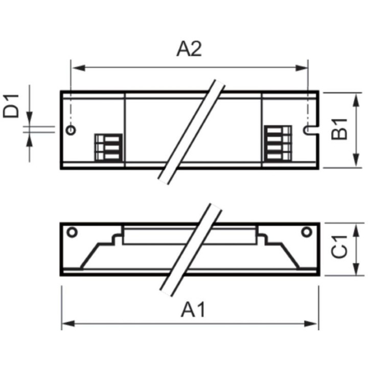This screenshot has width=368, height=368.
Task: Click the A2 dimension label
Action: tap(190, 49)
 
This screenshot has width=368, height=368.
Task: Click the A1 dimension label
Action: tap(194, 310)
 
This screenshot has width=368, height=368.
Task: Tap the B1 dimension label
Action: tap(339, 129)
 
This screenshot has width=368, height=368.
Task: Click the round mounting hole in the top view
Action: tap(72, 129)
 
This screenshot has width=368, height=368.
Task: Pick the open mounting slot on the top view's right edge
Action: tap(310, 130)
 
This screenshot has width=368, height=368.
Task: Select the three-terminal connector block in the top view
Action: tap(108, 147)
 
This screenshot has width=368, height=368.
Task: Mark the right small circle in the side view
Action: tap(306, 233)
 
